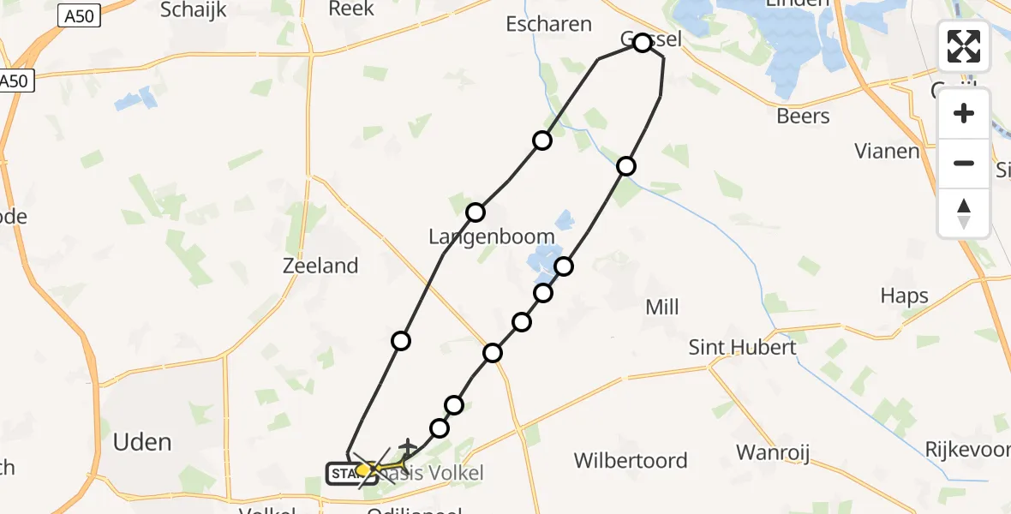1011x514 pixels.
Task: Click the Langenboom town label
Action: (493, 237)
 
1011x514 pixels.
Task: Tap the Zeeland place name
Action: (320, 266)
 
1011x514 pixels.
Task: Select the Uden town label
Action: (142, 442)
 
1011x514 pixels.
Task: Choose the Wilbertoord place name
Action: (631, 460)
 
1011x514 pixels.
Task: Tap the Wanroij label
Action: (774, 452)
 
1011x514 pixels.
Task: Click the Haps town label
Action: (904, 296)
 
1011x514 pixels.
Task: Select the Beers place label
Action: (803, 116)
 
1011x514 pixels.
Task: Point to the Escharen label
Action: (548, 24)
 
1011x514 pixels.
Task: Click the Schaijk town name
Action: (194, 9)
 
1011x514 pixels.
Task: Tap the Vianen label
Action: (887, 152)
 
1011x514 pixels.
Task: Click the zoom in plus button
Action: (964, 114)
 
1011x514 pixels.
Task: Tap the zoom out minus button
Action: (964, 163)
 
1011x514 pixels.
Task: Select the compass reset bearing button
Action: (964, 213)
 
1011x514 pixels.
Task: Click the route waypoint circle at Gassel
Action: (643, 43)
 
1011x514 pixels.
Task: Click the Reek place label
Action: (351, 9)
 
